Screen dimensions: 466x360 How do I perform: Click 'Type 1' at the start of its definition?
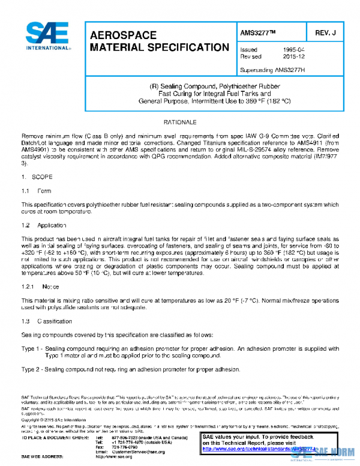[30, 348]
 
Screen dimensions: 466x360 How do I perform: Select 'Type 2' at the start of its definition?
[30, 370]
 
